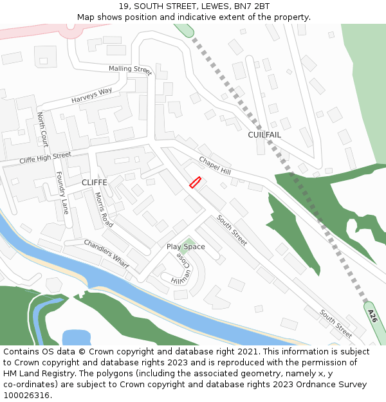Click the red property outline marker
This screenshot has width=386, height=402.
(195, 183)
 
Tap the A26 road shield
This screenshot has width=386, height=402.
(372, 316)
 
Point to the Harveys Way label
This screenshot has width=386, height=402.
(91, 96)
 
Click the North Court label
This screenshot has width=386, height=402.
(42, 128)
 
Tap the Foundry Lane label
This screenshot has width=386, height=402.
(62, 192)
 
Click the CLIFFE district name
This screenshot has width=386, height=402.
(94, 183)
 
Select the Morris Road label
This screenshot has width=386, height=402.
(104, 210)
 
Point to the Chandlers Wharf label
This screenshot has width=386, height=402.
(106, 254)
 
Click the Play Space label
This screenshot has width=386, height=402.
(186, 247)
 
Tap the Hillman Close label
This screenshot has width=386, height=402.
(181, 269)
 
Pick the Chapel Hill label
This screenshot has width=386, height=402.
(214, 166)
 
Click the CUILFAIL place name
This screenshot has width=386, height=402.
(264, 135)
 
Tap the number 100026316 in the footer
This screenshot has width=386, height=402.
(26, 395)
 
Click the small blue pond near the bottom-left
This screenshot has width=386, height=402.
(76, 337)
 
